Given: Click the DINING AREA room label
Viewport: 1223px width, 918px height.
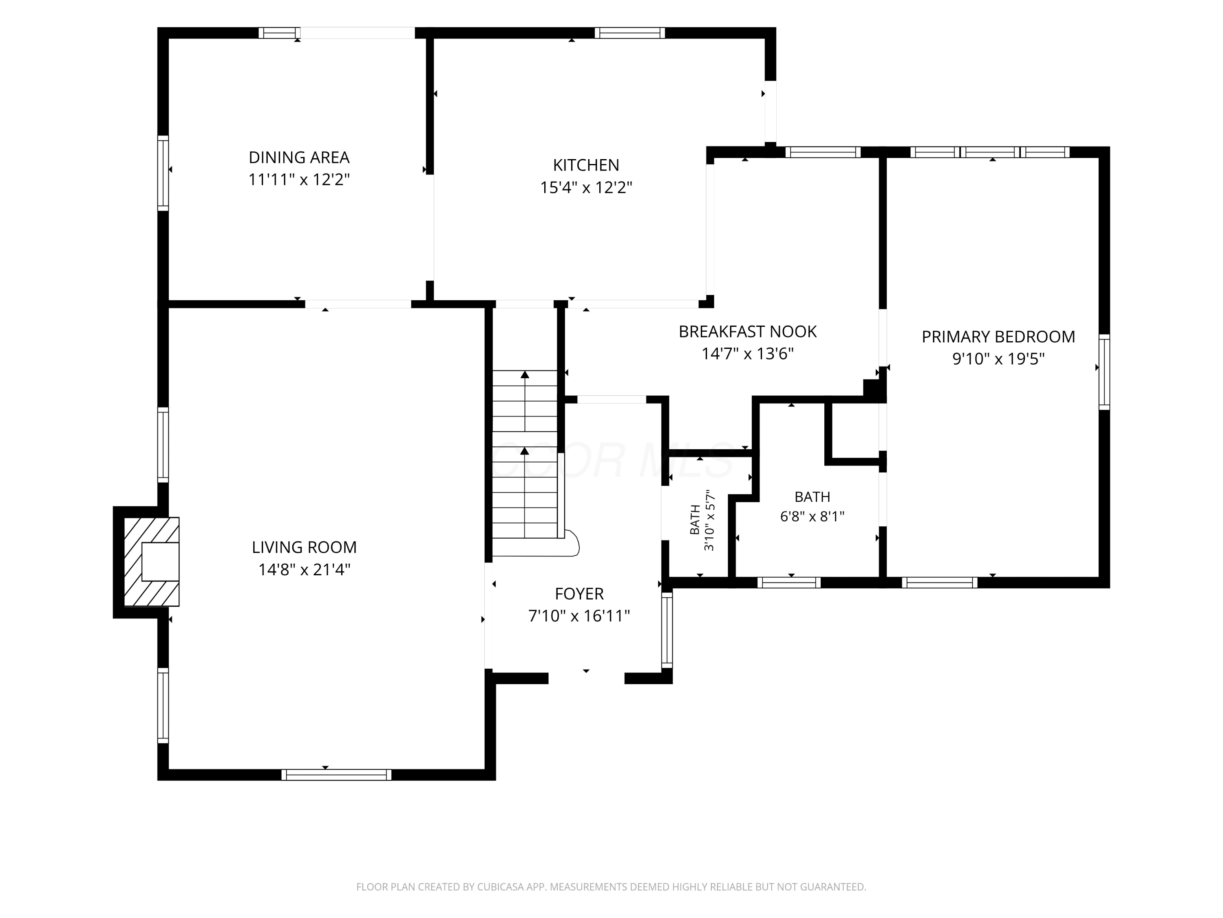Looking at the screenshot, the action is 299,158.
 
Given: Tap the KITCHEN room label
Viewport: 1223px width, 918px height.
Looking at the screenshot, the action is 586,165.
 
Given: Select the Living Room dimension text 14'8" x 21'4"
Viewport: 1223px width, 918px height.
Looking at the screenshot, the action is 304,570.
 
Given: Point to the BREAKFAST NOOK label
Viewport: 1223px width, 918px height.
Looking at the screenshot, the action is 748,331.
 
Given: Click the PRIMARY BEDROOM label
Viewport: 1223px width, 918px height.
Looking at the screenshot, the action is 998,337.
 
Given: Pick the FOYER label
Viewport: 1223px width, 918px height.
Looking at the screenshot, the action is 579,594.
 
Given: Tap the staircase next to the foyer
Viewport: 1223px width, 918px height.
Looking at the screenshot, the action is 525,454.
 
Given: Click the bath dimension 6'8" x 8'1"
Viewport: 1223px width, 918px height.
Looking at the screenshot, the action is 812,516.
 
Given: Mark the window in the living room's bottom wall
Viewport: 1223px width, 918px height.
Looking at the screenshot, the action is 336,775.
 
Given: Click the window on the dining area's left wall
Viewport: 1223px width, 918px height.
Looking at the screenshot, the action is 163,173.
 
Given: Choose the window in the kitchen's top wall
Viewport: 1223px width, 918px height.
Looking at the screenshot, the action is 630,33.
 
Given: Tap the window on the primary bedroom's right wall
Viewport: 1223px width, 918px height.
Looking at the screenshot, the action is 1104,372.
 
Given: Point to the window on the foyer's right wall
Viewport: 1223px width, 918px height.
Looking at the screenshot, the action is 667,630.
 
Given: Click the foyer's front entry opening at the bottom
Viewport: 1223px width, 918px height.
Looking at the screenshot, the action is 587,679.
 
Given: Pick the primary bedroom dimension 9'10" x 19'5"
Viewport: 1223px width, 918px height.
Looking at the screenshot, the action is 998,359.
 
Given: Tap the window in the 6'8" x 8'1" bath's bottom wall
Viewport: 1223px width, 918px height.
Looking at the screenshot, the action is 789,583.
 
